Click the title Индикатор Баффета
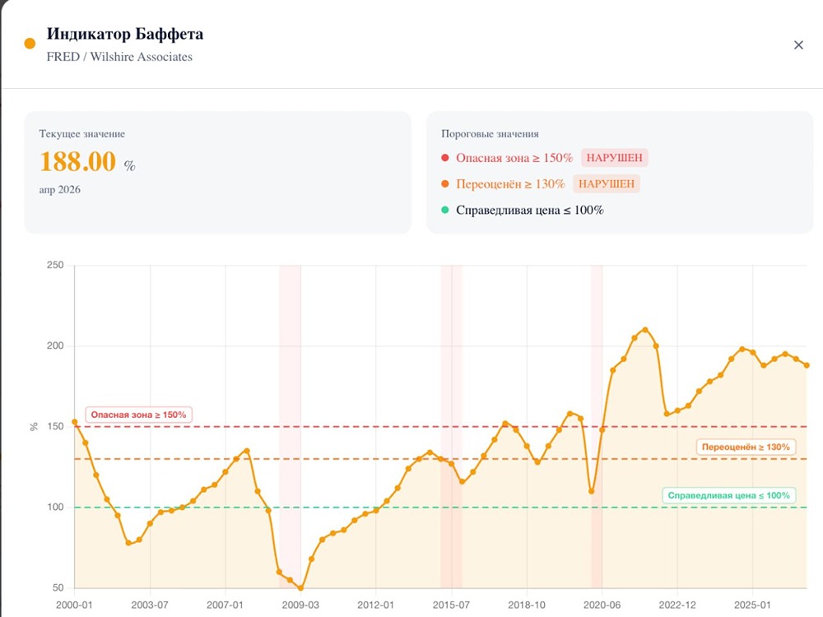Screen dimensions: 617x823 click(x=125, y=34)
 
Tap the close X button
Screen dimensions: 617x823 click(x=798, y=45)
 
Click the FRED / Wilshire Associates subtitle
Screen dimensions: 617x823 click(x=119, y=57)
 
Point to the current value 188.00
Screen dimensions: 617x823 click(x=78, y=161)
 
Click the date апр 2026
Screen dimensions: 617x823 click(x=60, y=189)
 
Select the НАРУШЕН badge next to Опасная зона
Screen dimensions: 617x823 click(x=614, y=158)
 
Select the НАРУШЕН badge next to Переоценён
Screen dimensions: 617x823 click(x=606, y=183)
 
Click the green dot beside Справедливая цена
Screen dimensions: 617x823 click(x=445, y=210)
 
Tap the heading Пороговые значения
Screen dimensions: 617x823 click(x=490, y=133)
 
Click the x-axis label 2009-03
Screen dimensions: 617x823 click(x=300, y=605)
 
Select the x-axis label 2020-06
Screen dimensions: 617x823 click(x=602, y=605)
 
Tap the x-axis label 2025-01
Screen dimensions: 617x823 click(x=753, y=605)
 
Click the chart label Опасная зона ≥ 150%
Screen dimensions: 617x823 click(x=139, y=415)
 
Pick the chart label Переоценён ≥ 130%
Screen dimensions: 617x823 click(x=745, y=447)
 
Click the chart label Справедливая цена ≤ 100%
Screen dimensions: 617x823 click(x=728, y=495)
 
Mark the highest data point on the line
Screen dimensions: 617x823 click(x=645, y=330)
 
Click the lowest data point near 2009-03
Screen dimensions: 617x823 click(x=300, y=588)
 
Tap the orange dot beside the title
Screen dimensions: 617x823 click(x=30, y=44)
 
